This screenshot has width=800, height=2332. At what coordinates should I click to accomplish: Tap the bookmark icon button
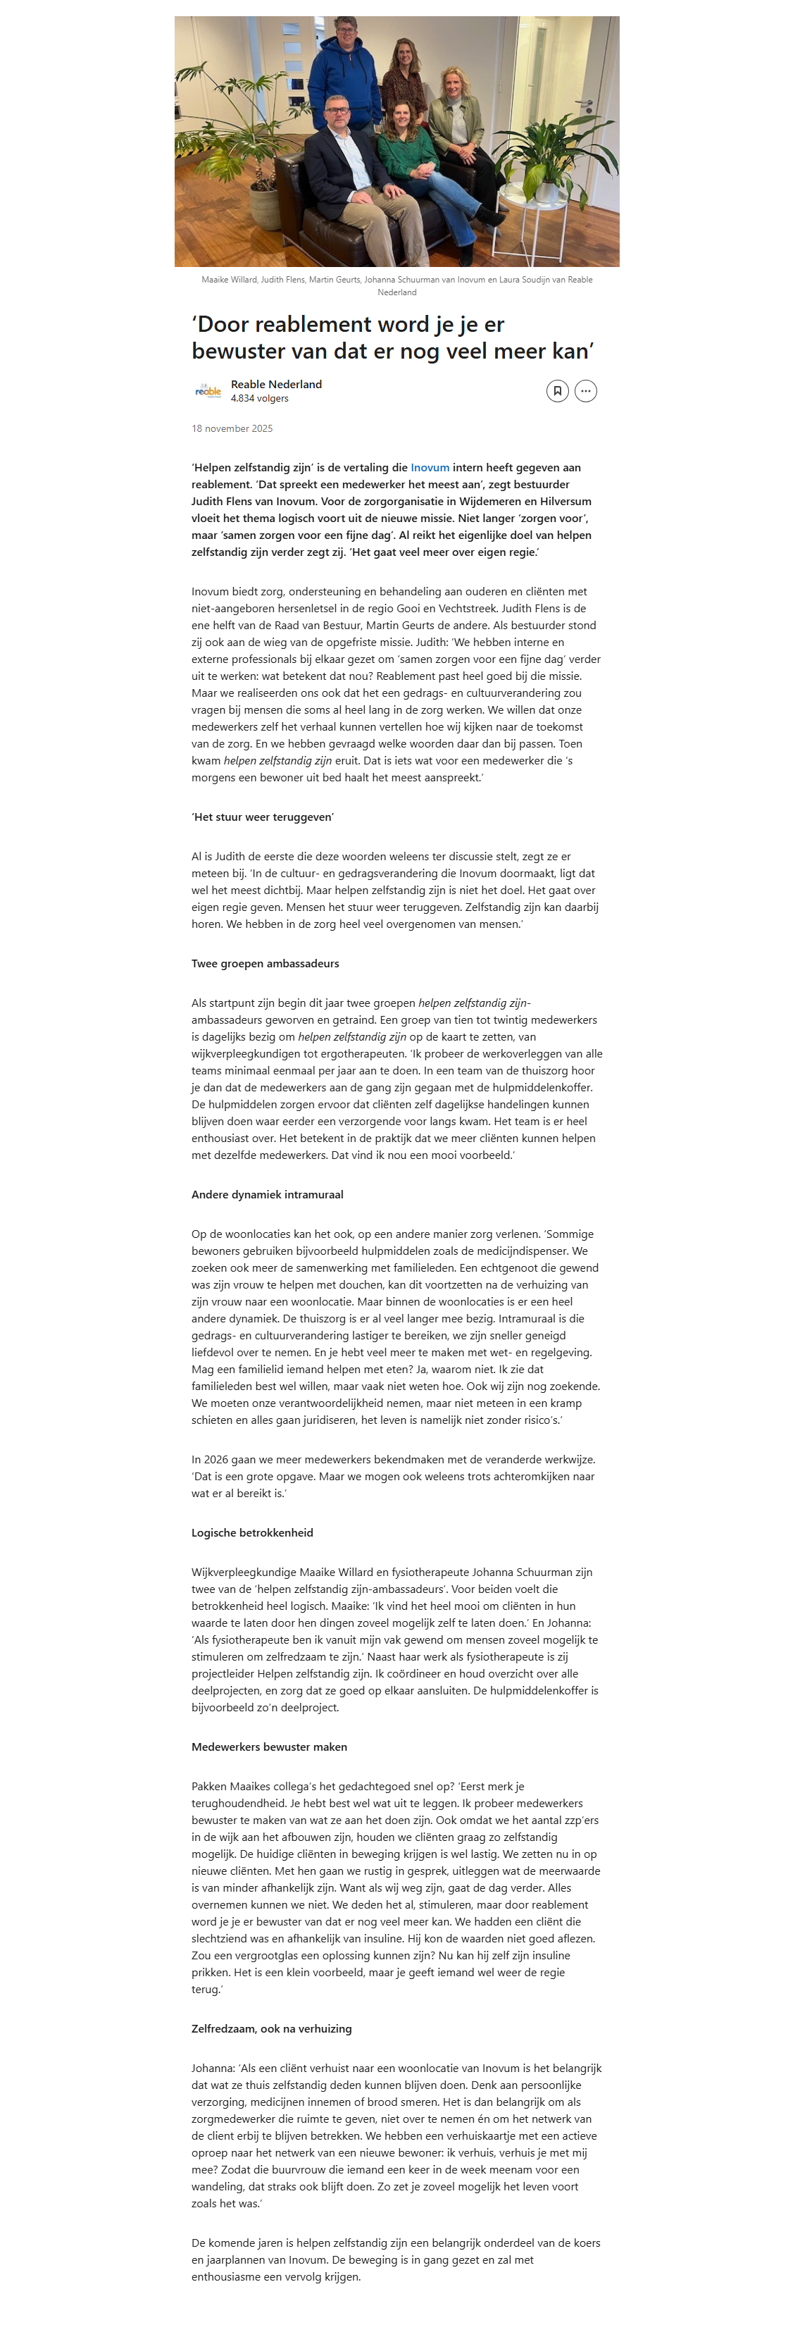(558, 391)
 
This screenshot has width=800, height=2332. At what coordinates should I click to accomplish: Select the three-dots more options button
(585, 391)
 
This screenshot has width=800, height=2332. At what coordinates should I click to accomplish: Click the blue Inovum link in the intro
(430, 468)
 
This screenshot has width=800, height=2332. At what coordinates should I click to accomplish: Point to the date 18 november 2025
(232, 429)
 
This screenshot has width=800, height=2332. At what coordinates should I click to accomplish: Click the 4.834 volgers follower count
(260, 398)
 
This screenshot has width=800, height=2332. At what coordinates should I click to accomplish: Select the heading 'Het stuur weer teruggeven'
(263, 817)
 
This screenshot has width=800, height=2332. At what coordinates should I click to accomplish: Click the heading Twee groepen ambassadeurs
(265, 964)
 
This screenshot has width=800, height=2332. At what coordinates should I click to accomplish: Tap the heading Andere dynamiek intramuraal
(267, 1195)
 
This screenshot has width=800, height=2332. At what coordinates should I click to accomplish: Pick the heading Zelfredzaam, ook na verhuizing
(272, 2030)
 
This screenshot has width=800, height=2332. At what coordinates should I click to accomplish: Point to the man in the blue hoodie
(345, 73)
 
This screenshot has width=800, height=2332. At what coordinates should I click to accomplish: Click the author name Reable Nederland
(276, 385)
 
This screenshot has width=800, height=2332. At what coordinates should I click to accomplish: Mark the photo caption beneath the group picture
(396, 286)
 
